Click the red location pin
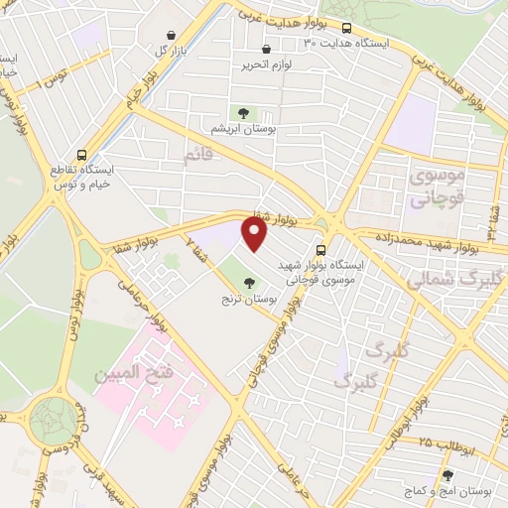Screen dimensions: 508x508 coord(255,234)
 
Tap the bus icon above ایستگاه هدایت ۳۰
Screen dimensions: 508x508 coord(347,28)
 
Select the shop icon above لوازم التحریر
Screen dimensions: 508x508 coord(265,50)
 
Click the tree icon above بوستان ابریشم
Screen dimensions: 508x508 coord(242,113)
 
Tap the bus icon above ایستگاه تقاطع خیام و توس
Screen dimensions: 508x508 coord(81,154)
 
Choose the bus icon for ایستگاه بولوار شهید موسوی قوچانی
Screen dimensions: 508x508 coord(319,250)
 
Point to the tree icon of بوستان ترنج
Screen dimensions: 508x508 coord(248,283)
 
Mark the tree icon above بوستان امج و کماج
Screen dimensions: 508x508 coord(447,476)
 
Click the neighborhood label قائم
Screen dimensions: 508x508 coord(198,155)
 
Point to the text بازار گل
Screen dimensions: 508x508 coord(162,50)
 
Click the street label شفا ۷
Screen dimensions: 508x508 coord(196,249)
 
